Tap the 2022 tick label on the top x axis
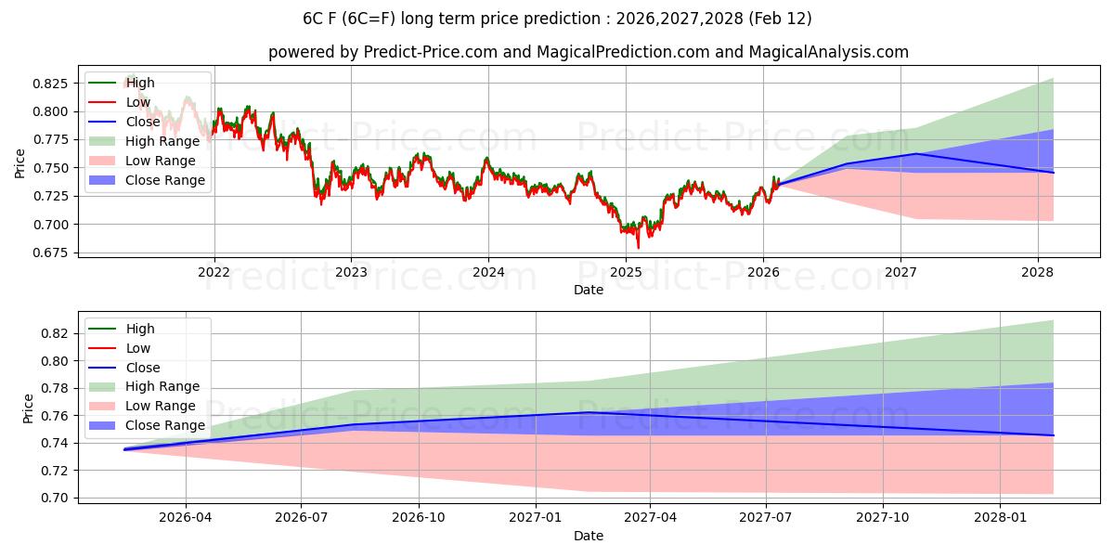point(214,272)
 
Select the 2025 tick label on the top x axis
point(626,272)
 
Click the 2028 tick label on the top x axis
point(1037,272)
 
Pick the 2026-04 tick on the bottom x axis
point(186,518)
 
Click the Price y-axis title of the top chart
point(20,163)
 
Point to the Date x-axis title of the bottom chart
point(589,536)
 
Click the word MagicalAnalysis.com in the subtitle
point(828,52)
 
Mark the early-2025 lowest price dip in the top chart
point(638,247)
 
